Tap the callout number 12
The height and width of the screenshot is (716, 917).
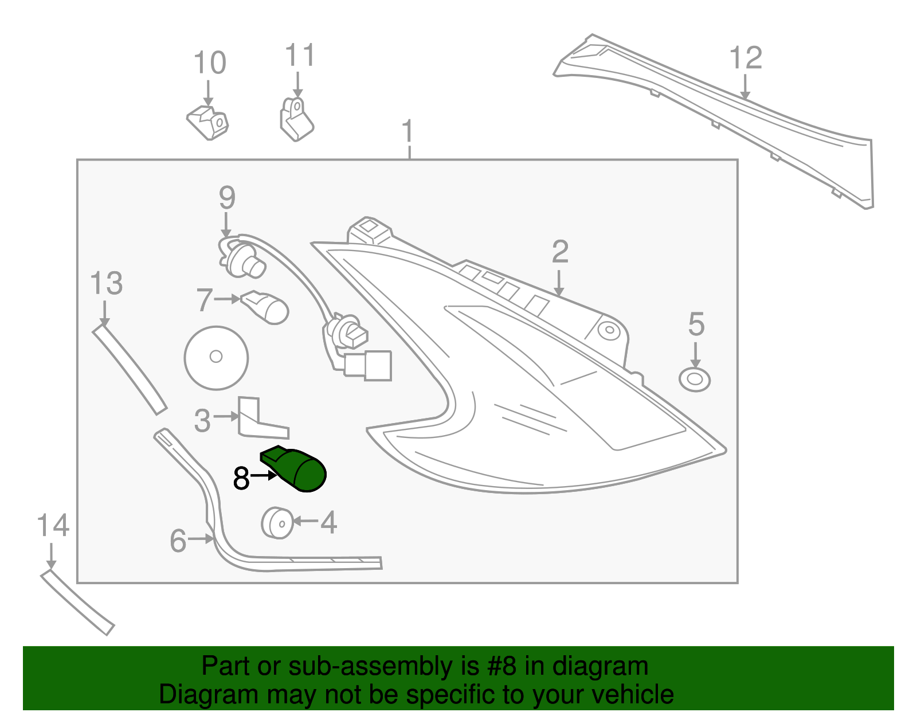coord(746,58)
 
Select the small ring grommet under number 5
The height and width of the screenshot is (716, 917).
coord(694,379)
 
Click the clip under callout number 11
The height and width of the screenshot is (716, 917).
coord(296,120)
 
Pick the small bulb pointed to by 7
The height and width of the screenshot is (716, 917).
coord(267,307)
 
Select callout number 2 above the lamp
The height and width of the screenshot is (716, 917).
coord(560,252)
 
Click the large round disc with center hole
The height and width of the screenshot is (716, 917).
coord(216,357)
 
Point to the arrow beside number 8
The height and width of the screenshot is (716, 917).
coord(265,476)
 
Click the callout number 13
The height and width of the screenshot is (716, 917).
coord(107,284)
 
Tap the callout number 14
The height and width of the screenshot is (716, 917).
coord(53,526)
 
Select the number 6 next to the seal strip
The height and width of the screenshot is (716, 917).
coord(178,541)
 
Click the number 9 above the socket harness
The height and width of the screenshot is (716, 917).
coord(227,198)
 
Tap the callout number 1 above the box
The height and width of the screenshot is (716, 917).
coord(407,131)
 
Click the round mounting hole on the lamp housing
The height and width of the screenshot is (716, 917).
coord(609,331)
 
